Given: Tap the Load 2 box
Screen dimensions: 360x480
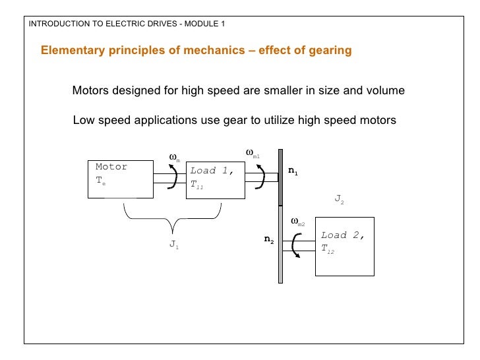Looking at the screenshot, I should point(345,246).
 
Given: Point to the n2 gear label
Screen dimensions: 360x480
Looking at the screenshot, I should point(269,241).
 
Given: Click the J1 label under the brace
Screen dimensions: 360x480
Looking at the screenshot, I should point(174,245).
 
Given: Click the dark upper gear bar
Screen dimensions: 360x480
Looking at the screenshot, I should point(281,178).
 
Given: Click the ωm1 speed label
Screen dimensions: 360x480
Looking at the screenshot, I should point(253,154).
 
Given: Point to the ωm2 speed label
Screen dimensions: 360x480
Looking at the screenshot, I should point(297,222).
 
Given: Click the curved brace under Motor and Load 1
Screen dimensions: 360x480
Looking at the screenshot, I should point(172,218).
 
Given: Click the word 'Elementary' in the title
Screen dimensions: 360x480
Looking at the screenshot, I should point(70,51).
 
